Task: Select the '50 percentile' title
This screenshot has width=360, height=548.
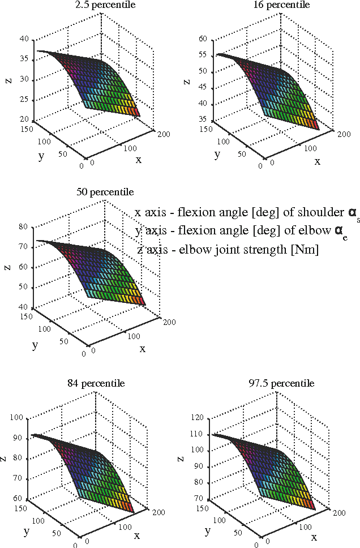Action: click(x=105, y=192)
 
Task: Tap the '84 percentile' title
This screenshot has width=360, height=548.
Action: click(x=105, y=383)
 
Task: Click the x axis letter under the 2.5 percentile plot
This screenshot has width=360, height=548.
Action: click(x=138, y=160)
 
